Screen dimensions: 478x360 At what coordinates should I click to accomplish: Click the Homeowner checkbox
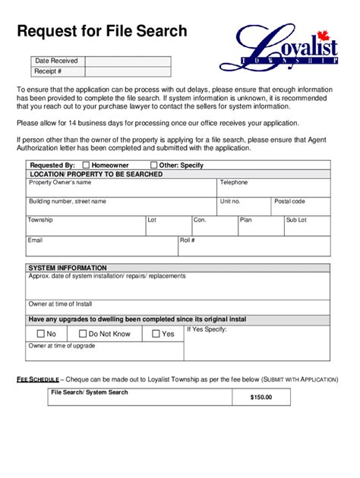pos(86,165)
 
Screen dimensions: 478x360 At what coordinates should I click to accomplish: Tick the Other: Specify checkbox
pos(154,165)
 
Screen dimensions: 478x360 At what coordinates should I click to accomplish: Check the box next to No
pos(40,334)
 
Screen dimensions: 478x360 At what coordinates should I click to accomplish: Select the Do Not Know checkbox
pos(81,334)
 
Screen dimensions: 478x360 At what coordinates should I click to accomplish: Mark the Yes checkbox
pos(156,334)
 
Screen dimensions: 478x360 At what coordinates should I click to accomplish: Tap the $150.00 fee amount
pos(261,397)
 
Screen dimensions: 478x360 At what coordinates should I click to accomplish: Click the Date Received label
pos(57,61)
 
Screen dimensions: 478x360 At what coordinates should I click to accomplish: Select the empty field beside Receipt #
pos(128,71)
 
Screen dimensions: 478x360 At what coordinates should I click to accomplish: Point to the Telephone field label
pos(234,183)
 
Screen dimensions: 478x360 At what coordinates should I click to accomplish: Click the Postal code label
pos(289,201)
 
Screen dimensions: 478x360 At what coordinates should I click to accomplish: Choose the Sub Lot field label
pos(296,219)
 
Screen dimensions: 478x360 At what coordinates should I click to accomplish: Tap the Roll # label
pos(188,240)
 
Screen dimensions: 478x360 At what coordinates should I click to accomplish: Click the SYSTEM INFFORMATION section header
pos(68,268)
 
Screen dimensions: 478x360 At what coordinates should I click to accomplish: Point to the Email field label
pos(36,240)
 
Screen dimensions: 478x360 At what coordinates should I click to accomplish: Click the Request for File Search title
pos(102,31)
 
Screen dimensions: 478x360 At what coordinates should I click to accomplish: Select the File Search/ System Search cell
pos(90,392)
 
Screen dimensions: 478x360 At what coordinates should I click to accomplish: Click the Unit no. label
pos(230,201)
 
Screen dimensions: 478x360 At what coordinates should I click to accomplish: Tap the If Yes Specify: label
pos(206,329)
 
